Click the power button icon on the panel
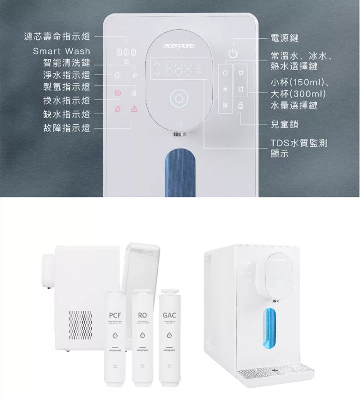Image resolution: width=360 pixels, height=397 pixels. [233, 54]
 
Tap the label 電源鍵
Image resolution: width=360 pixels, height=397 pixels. [284, 38]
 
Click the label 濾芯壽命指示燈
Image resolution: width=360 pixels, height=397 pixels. [57, 37]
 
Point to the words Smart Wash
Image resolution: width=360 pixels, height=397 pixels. [62, 51]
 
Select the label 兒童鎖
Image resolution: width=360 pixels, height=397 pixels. [284, 125]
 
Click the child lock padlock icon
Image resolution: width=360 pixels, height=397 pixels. [240, 106]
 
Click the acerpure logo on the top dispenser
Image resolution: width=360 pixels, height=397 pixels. [179, 46]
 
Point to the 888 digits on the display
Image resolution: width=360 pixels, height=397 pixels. [179, 69]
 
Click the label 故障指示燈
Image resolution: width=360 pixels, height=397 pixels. [67, 128]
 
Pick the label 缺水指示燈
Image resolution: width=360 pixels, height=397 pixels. [67, 114]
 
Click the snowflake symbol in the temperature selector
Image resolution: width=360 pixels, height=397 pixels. [225, 89]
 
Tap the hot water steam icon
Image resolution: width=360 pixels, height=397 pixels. [225, 106]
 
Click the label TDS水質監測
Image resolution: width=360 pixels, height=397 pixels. [299, 143]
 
